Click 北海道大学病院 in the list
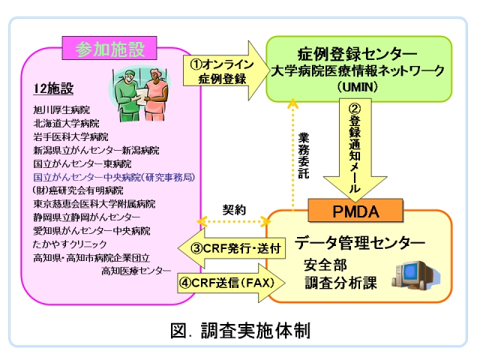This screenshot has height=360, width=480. [x=65, y=123]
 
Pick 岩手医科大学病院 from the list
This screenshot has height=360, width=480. [x=70, y=136]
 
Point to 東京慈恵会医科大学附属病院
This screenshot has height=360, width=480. [x=94, y=204]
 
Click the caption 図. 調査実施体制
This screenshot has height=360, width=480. [x=239, y=329]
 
